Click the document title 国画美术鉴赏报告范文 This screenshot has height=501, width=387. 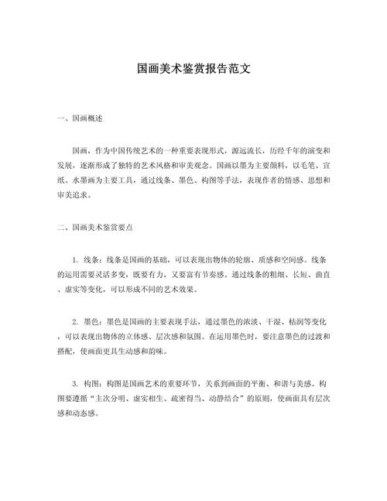(193, 69)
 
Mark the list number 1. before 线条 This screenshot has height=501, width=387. (74, 260)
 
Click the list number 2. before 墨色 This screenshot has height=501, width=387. (74, 320)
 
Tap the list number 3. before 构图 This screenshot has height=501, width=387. (74, 383)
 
